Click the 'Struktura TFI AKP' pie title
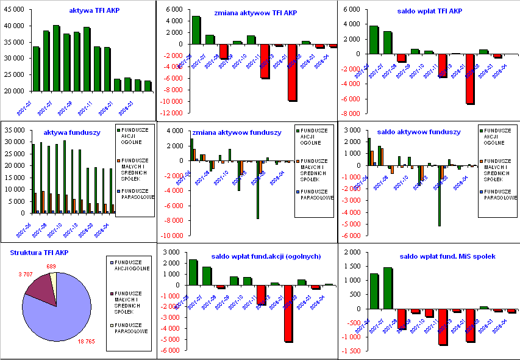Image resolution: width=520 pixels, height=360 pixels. tap(39, 252)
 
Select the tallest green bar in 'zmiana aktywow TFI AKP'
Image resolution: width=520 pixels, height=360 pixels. tap(196, 30)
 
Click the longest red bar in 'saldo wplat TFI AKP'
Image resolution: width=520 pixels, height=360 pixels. tap(470, 79)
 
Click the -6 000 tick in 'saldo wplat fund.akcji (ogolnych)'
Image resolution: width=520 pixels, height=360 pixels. tap(171, 350)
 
